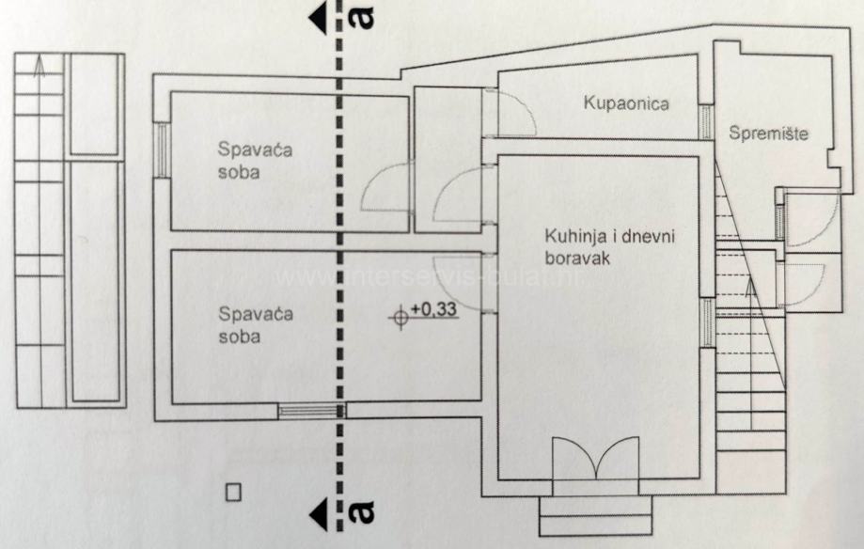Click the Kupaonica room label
click(625, 103)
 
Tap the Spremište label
click(768, 133)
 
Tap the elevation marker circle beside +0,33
click(400, 318)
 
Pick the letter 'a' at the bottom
click(361, 512)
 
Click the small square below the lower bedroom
click(234, 491)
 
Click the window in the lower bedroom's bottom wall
click(311, 410)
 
